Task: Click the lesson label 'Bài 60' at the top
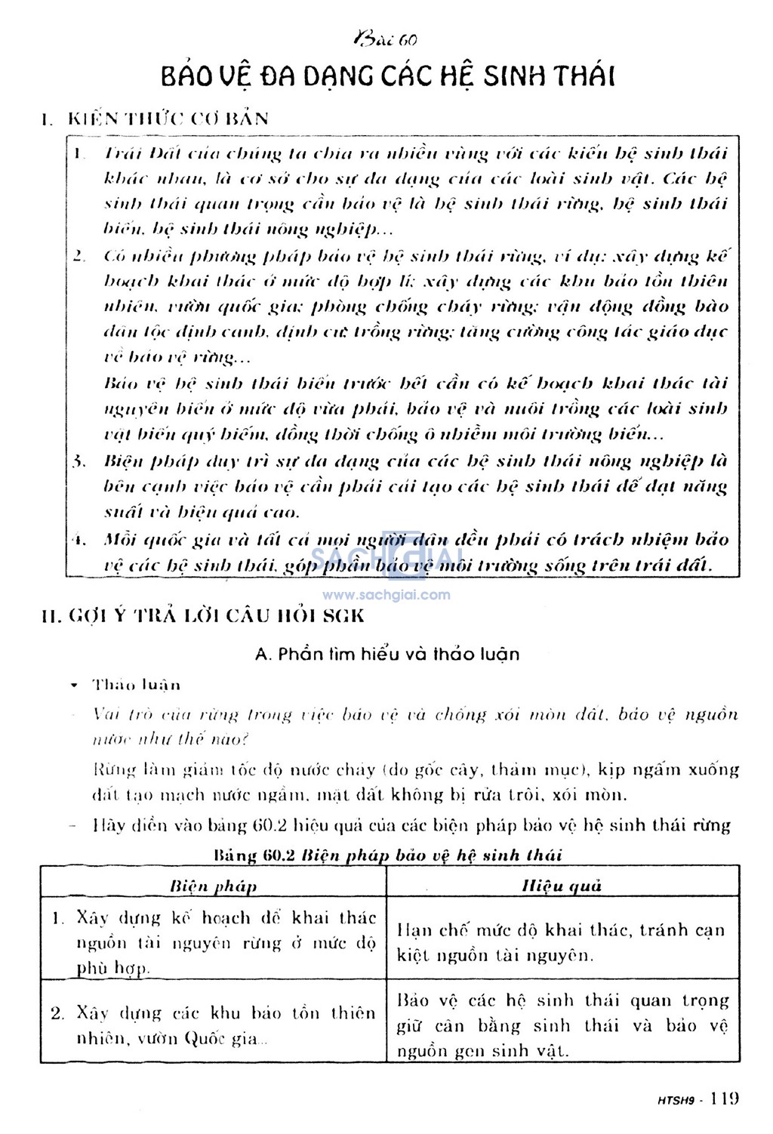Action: [385, 39]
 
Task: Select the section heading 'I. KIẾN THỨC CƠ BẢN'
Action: [156, 119]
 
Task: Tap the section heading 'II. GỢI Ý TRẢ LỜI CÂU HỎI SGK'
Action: [203, 615]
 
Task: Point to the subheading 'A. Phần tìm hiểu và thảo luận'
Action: [387, 654]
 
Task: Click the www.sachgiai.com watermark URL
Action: [386, 594]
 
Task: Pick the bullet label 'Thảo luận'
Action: [136, 685]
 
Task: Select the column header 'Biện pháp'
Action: [214, 886]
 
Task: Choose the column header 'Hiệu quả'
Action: [562, 886]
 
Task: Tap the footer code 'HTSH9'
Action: [673, 1099]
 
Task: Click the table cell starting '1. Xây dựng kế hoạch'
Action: [214, 942]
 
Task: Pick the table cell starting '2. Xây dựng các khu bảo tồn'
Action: [214, 1025]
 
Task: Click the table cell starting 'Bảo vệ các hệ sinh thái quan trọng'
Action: [562, 1025]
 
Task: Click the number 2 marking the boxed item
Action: [79, 256]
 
